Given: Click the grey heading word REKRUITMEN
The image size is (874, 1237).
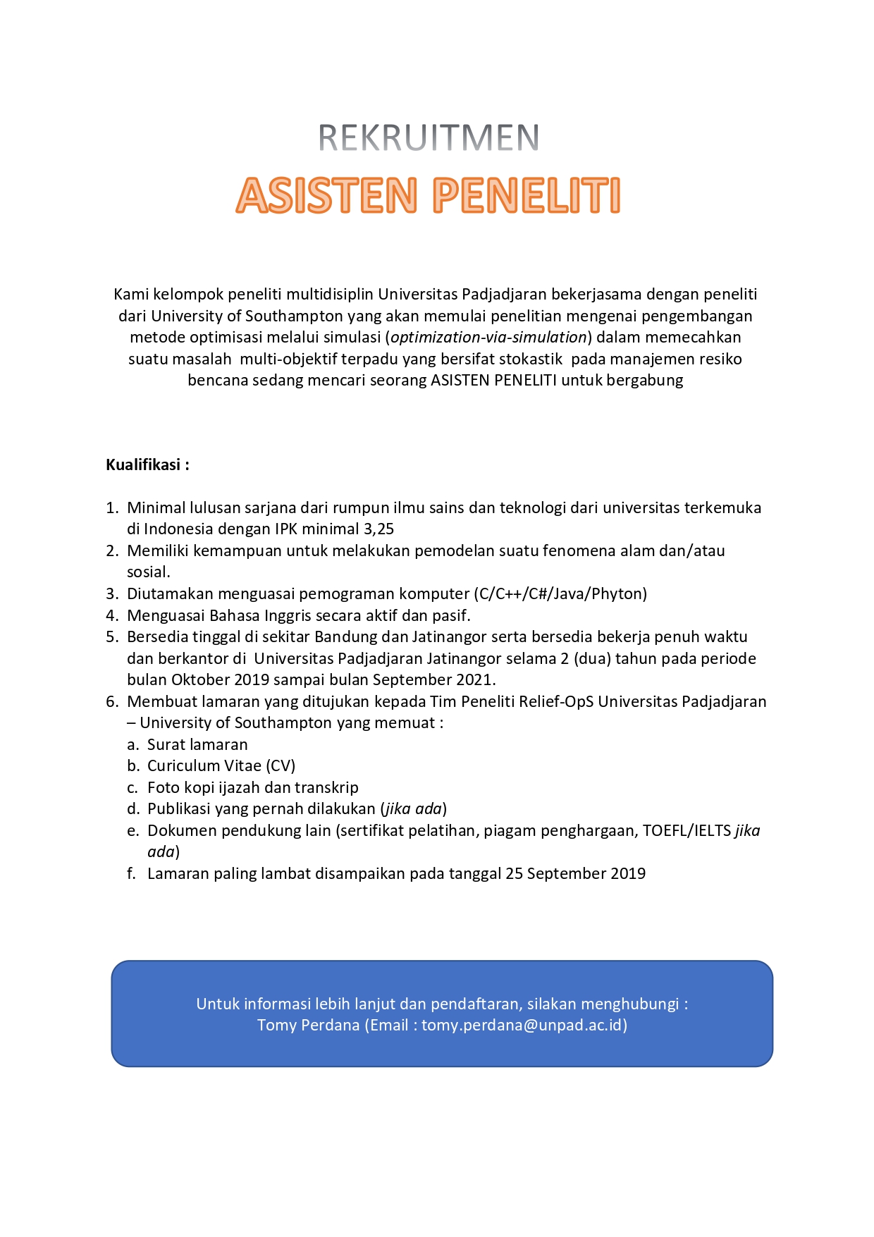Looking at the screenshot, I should (x=429, y=138).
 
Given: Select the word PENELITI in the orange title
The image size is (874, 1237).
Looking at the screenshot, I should (x=527, y=195).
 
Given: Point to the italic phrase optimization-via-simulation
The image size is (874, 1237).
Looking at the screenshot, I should (x=488, y=338).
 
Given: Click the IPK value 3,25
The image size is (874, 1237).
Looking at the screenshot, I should (x=378, y=529).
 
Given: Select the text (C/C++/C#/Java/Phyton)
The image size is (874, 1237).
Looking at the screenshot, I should (x=560, y=594).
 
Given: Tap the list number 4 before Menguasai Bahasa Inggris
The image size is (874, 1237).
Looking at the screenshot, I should (x=111, y=616).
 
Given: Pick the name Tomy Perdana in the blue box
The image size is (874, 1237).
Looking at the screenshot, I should (x=308, y=1026).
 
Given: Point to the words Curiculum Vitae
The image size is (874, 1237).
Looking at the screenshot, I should (x=204, y=766).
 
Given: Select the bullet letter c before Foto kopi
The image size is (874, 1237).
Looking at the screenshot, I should (x=132, y=788).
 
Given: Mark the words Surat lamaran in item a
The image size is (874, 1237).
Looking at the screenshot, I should (x=197, y=745).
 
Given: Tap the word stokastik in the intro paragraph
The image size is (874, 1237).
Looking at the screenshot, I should (x=531, y=359).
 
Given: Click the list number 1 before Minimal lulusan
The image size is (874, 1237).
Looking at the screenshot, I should (x=111, y=508).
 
